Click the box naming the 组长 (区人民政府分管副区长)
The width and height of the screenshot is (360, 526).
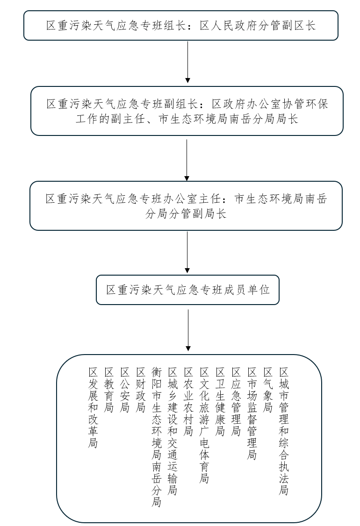click(x=181, y=25)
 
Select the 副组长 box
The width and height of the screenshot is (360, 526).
click(x=187, y=111)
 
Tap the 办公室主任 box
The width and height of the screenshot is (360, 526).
click(x=186, y=206)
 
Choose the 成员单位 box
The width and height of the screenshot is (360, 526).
click(x=188, y=290)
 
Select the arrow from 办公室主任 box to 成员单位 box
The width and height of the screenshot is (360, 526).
click(x=187, y=252)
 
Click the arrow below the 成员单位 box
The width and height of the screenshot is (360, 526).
click(x=188, y=330)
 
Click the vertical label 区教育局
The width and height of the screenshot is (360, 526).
click(x=109, y=390)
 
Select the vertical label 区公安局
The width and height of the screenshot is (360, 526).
click(x=125, y=390)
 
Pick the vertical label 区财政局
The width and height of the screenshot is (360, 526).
click(x=141, y=390)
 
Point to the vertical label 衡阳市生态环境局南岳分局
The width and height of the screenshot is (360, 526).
click(x=157, y=437)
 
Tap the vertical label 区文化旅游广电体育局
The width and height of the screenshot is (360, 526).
click(x=204, y=425)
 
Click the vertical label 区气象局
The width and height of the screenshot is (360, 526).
click(x=268, y=390)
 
